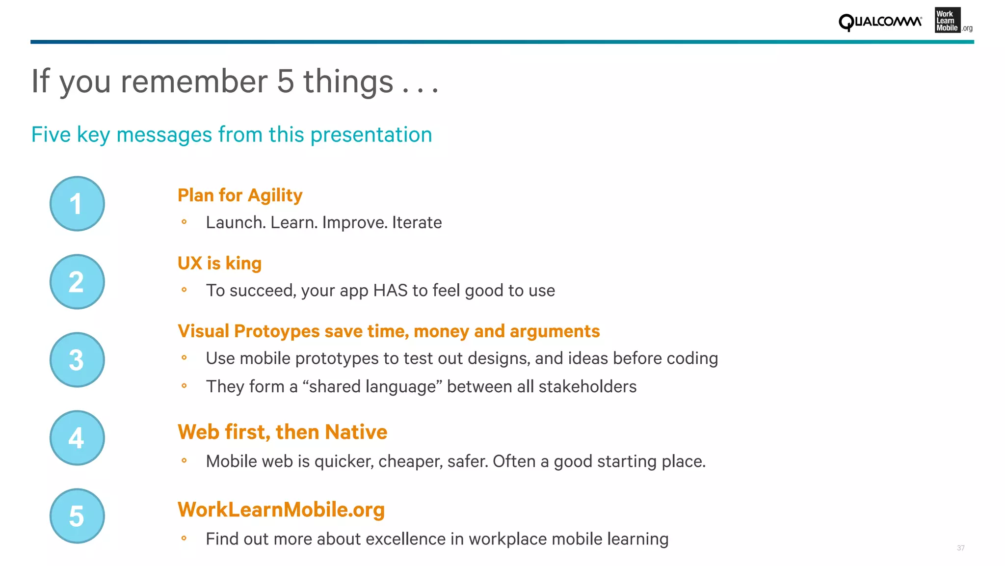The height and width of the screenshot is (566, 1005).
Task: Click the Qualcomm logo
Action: click(x=880, y=22)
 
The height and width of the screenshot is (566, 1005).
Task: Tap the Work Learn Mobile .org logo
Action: click(x=952, y=21)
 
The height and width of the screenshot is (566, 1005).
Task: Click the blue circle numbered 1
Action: click(x=77, y=204)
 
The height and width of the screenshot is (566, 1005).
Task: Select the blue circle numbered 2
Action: click(x=77, y=282)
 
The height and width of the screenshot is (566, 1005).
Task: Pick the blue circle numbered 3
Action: click(x=77, y=360)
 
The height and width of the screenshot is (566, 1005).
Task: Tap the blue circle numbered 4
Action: click(x=77, y=438)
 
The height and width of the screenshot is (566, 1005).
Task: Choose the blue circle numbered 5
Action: click(x=77, y=516)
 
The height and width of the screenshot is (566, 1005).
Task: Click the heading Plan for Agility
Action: click(x=239, y=195)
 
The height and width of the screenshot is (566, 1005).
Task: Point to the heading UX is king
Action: click(x=219, y=264)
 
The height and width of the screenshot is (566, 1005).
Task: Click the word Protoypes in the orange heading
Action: click(x=277, y=331)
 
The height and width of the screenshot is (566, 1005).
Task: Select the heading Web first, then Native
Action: click(x=282, y=432)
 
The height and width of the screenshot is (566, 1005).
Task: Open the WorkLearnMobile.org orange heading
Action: click(x=281, y=510)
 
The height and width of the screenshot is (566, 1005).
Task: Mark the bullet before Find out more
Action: click(x=184, y=539)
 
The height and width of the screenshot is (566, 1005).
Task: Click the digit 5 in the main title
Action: click(x=285, y=81)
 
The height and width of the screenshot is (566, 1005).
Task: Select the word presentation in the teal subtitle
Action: click(x=371, y=135)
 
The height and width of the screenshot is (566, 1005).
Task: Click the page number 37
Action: click(x=960, y=548)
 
